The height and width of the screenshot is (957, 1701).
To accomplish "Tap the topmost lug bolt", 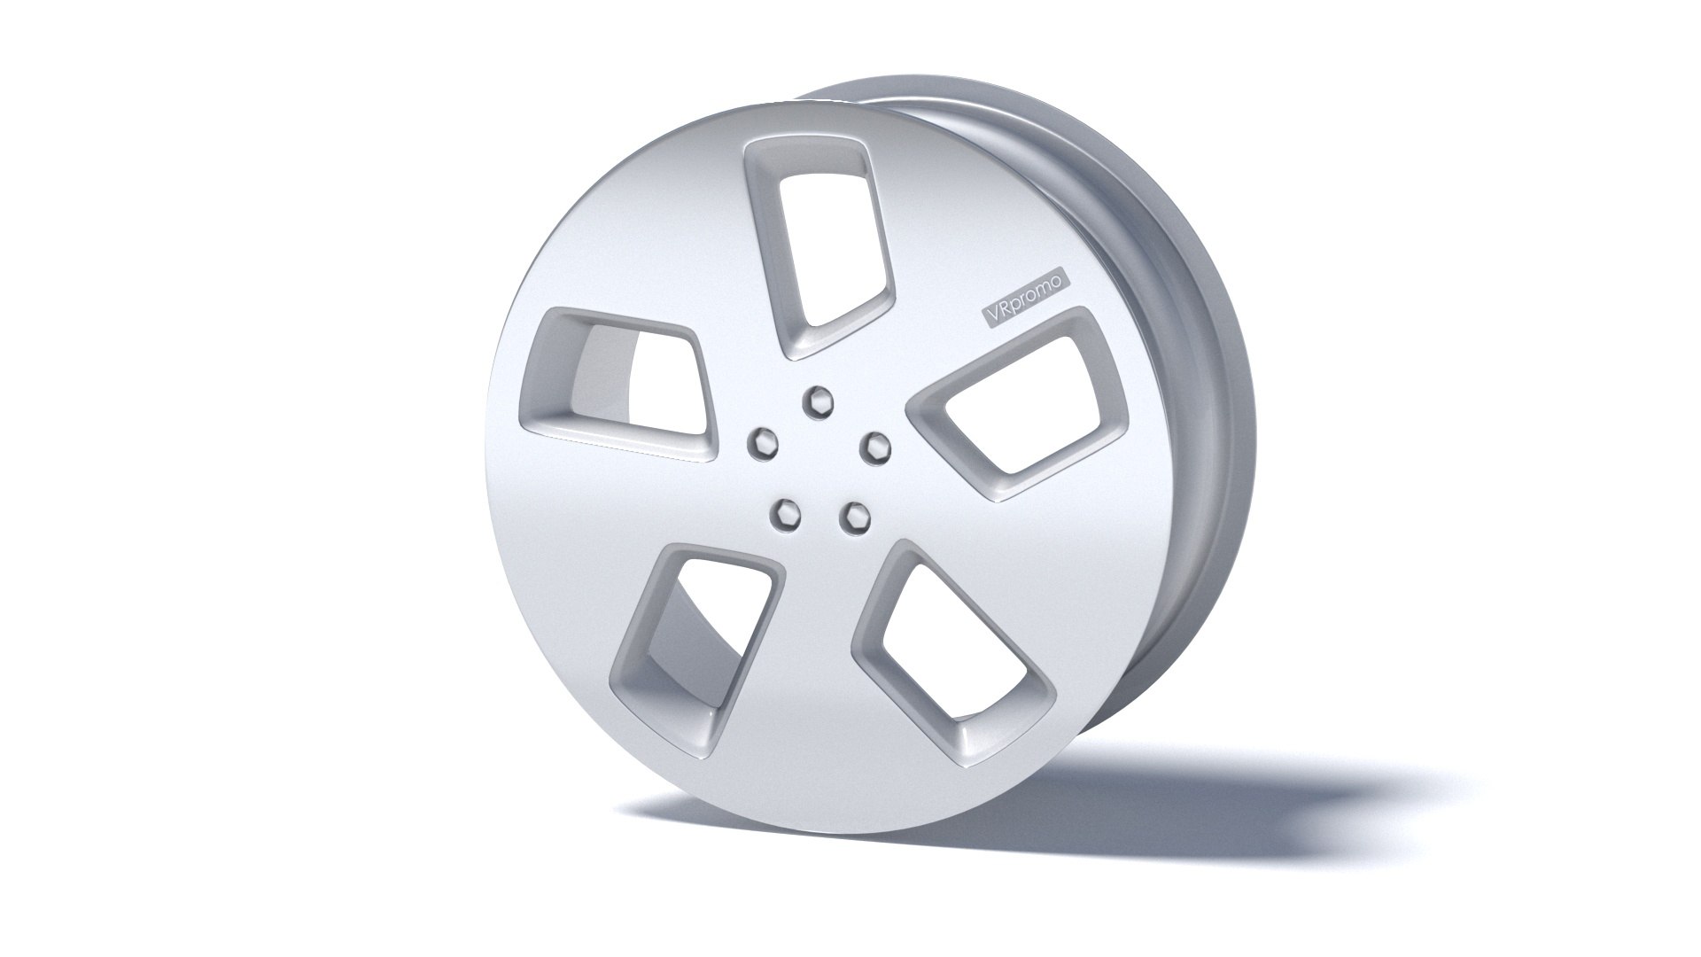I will coord(813,401).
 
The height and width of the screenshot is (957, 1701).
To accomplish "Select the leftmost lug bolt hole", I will coord(760,440).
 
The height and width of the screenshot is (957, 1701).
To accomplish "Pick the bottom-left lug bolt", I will coord(784,510).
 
